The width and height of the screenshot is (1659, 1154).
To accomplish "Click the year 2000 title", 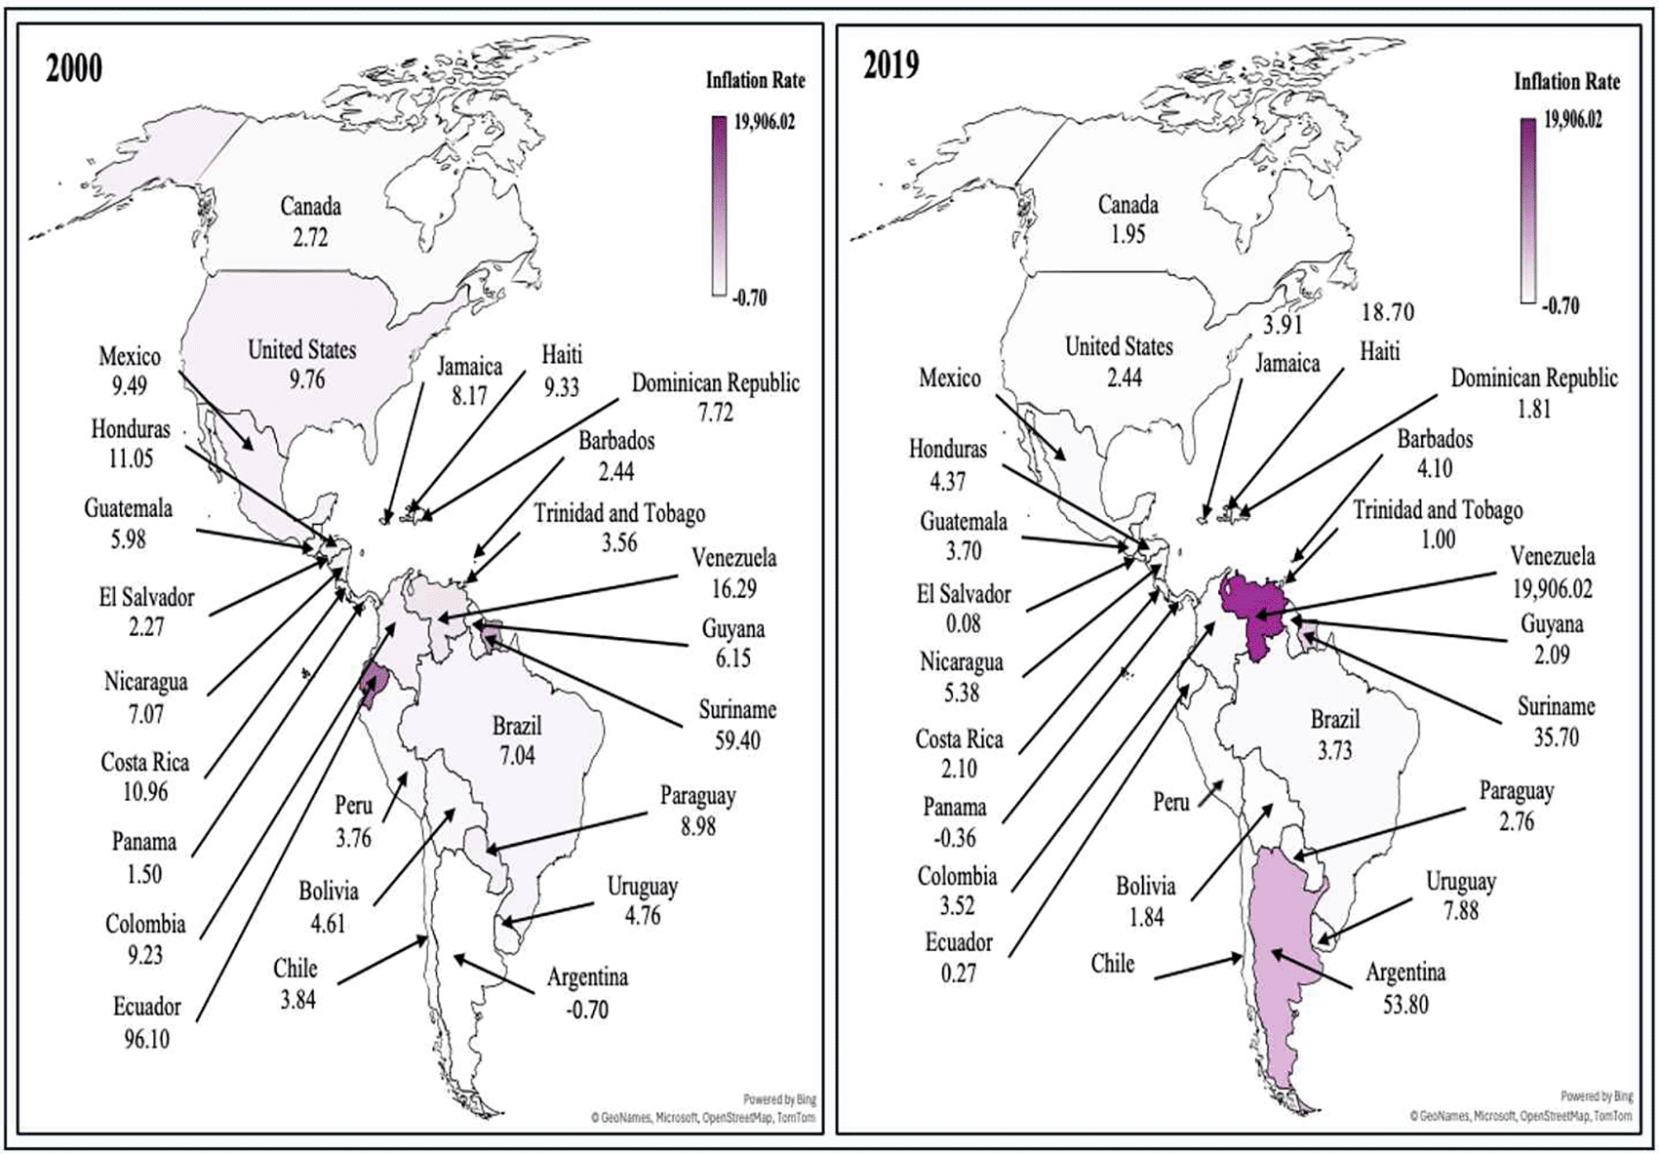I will tap(74, 69).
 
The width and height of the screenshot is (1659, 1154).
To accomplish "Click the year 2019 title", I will tap(890, 64).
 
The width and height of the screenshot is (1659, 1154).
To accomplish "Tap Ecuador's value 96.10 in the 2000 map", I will tap(146, 1039).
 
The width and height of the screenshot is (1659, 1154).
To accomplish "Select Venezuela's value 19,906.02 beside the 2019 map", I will tap(1553, 588).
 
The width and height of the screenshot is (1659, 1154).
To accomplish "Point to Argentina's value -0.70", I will tap(587, 1010).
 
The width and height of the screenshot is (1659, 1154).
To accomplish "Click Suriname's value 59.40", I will tap(737, 740).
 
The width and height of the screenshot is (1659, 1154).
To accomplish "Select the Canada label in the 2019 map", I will tap(1128, 205).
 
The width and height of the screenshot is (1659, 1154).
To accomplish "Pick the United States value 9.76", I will tap(306, 379).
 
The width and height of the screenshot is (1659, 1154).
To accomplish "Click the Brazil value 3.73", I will tap(1334, 751).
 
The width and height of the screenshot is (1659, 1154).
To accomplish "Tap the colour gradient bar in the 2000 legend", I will tap(719, 205).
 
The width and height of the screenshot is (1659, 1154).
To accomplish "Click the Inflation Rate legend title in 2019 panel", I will tap(1566, 82).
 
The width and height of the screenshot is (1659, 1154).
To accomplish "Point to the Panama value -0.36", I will tap(955, 838).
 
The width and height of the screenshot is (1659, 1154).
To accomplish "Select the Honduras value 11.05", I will tap(131, 458).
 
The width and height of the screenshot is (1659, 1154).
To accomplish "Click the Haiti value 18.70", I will tap(1387, 312).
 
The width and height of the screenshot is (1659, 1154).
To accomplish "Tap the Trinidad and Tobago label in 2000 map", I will tap(619, 513).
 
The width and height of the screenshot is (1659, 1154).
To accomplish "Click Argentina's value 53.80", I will tap(1404, 1004).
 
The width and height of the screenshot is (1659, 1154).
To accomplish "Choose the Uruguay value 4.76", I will tap(643, 916).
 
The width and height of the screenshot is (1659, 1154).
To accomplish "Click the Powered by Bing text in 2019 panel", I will tap(1597, 1096).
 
